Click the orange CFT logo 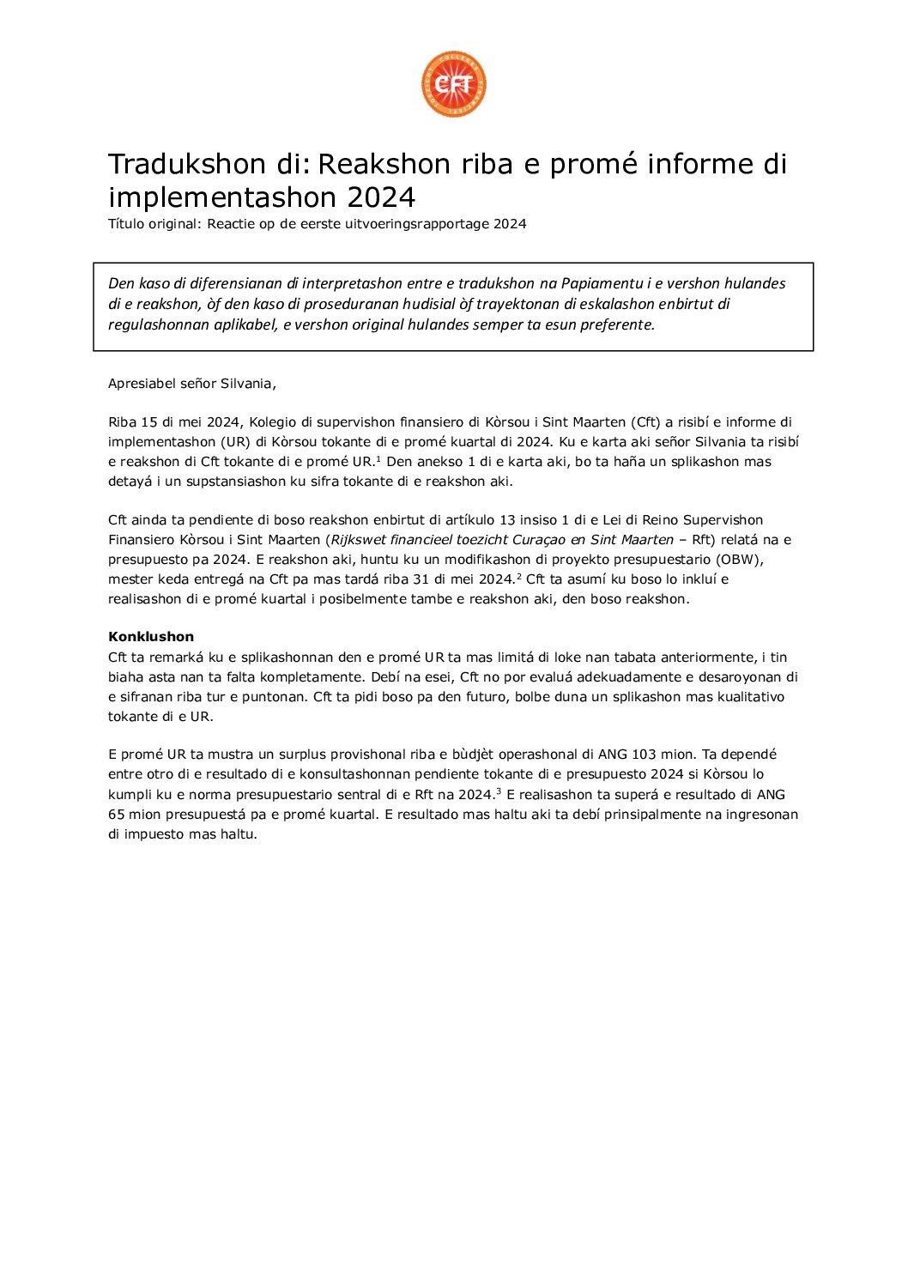(x=454, y=84)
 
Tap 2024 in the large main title (x=381, y=197)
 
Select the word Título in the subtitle (x=126, y=224)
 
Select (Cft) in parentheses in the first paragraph (x=645, y=422)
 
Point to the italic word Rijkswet (x=358, y=540)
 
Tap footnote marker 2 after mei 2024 (x=518, y=576)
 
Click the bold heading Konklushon (x=151, y=637)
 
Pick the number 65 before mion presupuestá (x=117, y=815)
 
